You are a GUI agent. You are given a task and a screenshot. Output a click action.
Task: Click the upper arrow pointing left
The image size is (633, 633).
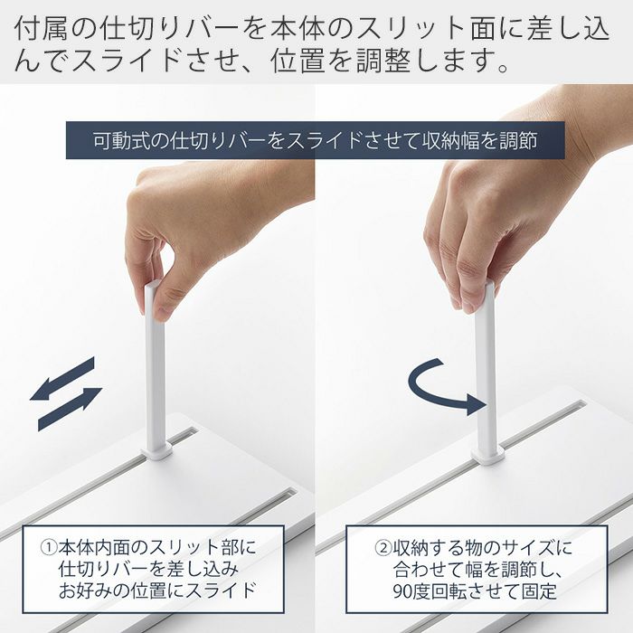(62, 378)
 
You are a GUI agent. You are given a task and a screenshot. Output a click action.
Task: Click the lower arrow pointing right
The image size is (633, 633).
(71, 409)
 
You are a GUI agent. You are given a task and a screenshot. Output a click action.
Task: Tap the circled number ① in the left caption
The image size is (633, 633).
(49, 548)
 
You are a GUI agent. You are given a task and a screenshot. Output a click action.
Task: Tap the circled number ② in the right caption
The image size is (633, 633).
(382, 548)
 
